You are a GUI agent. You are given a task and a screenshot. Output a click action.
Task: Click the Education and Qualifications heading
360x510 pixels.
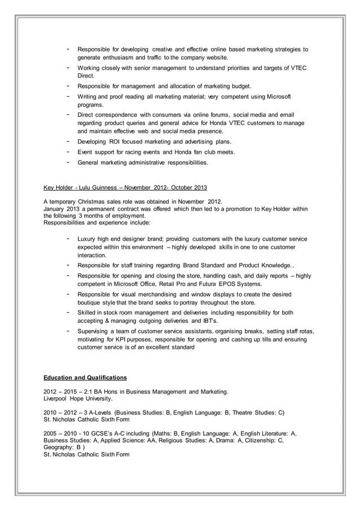(x=85, y=378)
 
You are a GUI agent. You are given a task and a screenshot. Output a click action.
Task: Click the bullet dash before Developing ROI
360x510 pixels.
(x=68, y=141)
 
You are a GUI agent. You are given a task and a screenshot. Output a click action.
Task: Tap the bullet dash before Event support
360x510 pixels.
(x=68, y=152)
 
